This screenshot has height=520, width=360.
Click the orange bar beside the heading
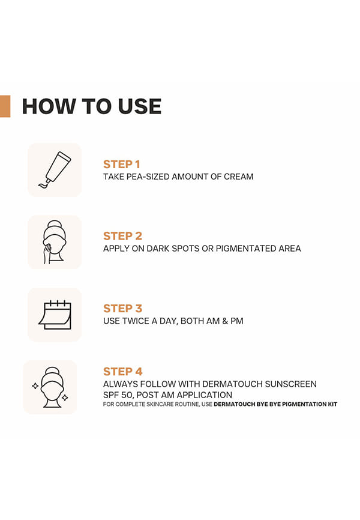(5, 106)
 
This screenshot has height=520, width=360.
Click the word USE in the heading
(140, 106)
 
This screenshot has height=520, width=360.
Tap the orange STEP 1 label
(122, 164)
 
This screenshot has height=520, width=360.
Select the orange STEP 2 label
(122, 236)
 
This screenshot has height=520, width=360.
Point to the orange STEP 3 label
(122, 308)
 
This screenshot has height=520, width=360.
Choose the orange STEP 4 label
(122, 372)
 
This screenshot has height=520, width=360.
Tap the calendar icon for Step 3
(55, 315)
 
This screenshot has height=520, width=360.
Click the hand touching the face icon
(47, 253)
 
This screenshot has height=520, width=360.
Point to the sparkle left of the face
(35, 386)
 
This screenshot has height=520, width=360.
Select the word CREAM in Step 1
(238, 177)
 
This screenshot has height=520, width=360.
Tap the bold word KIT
(332, 404)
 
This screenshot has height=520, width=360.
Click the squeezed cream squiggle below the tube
(44, 185)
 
